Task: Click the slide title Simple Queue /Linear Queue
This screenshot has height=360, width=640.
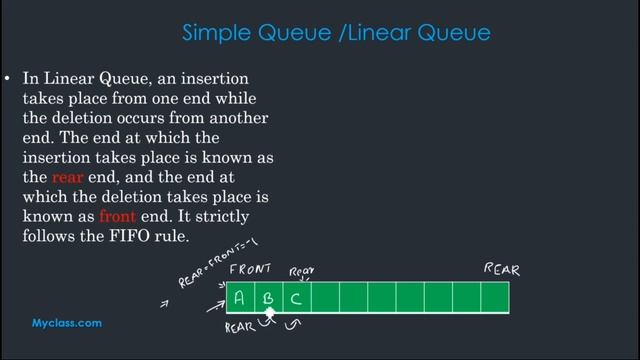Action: [x=336, y=33]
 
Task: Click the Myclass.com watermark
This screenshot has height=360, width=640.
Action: [x=67, y=323]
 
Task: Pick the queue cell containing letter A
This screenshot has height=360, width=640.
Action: [x=240, y=297]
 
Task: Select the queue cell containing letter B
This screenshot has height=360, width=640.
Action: [x=268, y=297]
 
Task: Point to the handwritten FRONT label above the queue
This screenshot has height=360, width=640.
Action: [x=251, y=269]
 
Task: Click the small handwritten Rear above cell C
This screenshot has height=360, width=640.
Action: [x=302, y=271]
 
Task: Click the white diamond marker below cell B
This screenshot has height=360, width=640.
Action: [x=269, y=314]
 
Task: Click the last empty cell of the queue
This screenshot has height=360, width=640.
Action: [x=495, y=297]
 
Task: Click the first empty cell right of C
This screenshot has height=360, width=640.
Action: [x=326, y=297]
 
